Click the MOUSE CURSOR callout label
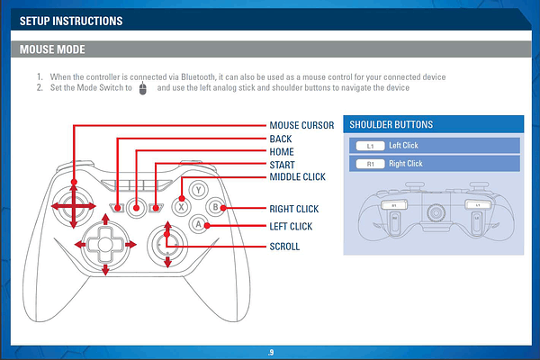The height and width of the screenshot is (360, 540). [x=301, y=125]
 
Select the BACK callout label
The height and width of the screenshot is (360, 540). [x=281, y=139]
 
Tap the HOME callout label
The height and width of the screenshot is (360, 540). [x=282, y=152]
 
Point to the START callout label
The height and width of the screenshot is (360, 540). [x=283, y=166]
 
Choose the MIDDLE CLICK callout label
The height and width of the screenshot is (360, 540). [x=297, y=177]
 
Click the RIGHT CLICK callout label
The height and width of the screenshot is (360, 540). [x=294, y=209]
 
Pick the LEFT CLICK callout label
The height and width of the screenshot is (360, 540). [x=291, y=227]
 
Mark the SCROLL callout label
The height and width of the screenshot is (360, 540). [x=284, y=246]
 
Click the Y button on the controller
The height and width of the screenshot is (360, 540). [x=198, y=191]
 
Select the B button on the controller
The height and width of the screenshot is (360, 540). [x=214, y=207]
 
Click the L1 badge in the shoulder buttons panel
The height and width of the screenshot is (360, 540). [x=370, y=146]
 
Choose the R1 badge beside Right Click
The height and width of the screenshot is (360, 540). [x=370, y=164]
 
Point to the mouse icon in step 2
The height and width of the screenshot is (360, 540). [x=143, y=88]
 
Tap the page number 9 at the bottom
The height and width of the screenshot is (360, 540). [x=270, y=350]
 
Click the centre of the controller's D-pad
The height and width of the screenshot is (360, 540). [x=105, y=243]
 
